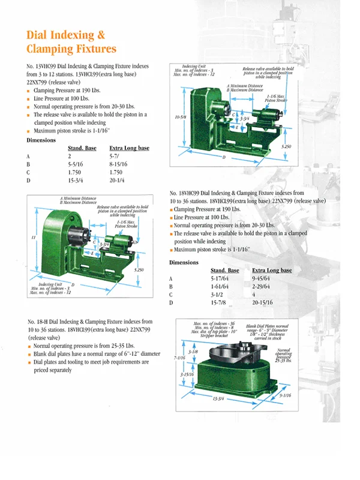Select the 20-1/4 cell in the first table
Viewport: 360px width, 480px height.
120,179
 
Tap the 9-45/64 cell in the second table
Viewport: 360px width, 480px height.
265,279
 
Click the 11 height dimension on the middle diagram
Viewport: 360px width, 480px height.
33,238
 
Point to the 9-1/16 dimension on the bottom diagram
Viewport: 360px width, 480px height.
285,395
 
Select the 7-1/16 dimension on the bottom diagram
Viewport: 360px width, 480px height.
178,358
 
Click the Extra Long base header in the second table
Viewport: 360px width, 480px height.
272,271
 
